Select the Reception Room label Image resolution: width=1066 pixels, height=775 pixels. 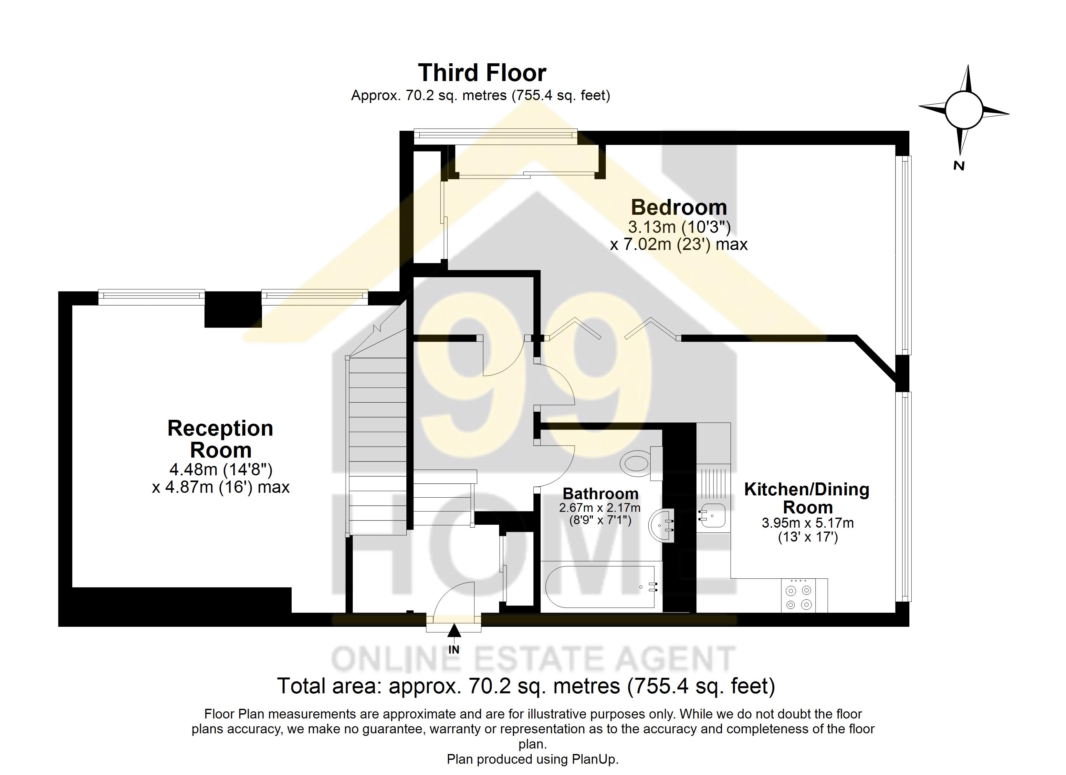tap(220, 439)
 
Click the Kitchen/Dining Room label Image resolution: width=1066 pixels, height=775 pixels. tap(807, 498)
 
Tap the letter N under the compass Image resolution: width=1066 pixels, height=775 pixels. tap(959, 166)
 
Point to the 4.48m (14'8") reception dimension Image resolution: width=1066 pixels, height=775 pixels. tap(220, 469)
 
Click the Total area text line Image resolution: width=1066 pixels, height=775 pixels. tap(526, 686)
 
